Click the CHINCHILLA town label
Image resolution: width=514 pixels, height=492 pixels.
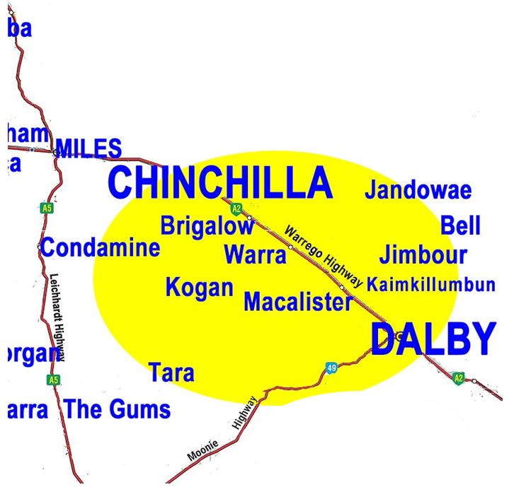tap(219, 182)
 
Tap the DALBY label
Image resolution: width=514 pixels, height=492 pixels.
tap(433, 339)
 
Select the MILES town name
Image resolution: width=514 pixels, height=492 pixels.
tap(88, 149)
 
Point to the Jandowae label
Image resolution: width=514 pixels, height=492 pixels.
tap(418, 190)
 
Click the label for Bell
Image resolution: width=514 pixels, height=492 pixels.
tap(460, 226)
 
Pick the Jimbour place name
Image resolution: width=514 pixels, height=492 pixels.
tap(423, 255)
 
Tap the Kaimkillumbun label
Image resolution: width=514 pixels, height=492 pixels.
tap(430, 285)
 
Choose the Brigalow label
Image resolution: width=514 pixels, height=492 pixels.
tap(207, 226)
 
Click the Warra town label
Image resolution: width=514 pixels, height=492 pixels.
tap(255, 254)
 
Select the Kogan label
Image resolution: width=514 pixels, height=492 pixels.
tap(199, 288)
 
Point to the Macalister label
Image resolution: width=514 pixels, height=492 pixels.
tap(297, 303)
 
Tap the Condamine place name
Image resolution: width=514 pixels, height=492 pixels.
tap(100, 248)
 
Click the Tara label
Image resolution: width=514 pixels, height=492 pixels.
tap(171, 373)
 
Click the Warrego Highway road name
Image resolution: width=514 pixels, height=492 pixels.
tap(323, 257)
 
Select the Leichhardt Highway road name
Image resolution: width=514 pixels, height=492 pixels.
tap(58, 318)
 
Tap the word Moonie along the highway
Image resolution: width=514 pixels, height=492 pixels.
tap(203, 450)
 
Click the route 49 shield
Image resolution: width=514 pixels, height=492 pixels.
tap(331, 368)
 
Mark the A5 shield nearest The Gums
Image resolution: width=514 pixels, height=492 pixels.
tap(52, 380)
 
